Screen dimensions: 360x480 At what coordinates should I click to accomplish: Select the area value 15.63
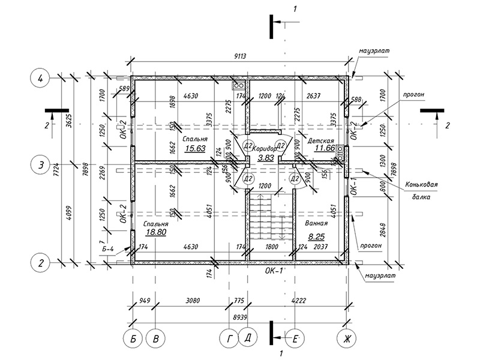178,148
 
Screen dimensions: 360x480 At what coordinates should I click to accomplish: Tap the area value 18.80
155,232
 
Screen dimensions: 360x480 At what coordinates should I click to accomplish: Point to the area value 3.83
265,158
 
